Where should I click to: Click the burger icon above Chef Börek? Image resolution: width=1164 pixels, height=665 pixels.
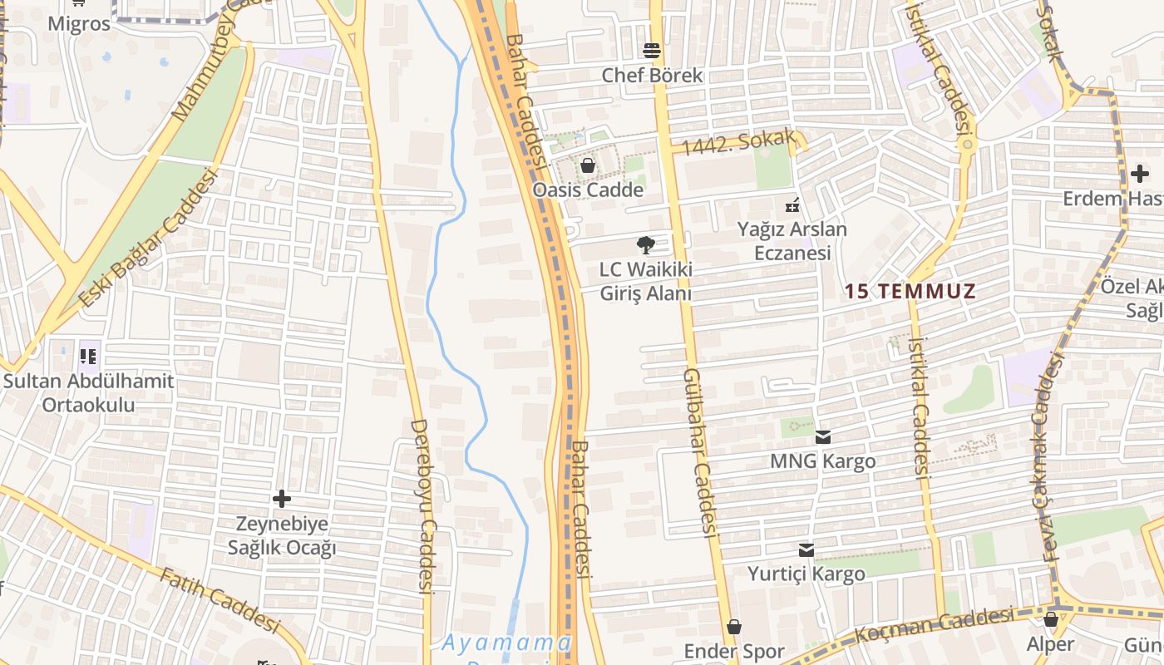(652, 51)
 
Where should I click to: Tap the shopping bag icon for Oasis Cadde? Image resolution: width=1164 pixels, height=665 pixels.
(588, 165)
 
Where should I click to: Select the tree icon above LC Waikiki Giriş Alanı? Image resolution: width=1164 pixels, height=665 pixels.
(645, 245)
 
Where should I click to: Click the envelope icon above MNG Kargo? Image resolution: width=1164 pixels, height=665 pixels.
(823, 437)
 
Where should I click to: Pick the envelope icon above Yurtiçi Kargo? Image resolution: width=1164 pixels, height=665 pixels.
(806, 550)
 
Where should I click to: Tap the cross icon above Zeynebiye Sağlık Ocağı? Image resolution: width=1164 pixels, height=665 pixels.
(282, 499)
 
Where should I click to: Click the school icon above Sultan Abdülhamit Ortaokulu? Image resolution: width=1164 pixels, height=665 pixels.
(88, 357)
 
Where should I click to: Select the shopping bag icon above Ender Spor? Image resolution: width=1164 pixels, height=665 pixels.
(734, 627)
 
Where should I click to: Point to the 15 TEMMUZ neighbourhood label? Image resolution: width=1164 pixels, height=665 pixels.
(910, 292)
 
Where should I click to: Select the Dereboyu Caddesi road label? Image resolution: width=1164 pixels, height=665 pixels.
(424, 505)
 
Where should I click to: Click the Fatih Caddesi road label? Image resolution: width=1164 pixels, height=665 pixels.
(219, 599)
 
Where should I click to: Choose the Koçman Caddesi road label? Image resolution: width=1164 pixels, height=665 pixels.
(935, 624)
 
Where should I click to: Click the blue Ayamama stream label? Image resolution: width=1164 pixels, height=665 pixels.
(506, 643)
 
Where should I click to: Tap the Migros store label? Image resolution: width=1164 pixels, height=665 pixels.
(79, 23)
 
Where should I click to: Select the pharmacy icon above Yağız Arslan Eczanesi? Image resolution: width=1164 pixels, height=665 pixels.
(792, 204)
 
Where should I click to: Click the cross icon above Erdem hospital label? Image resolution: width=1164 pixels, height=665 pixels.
(1140, 174)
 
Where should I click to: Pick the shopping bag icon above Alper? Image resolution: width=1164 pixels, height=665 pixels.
(1051, 619)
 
